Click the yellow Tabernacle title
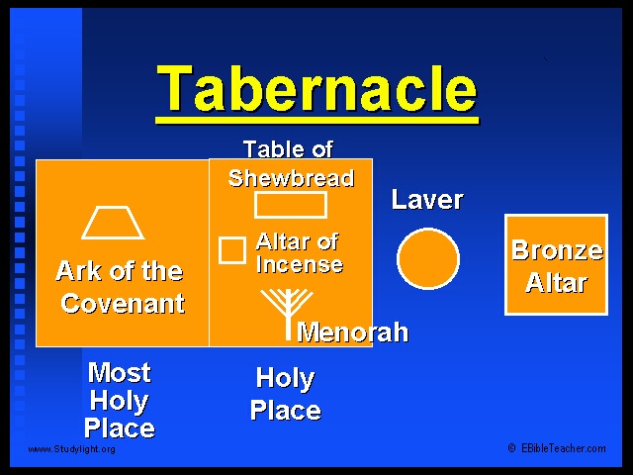click(316, 88)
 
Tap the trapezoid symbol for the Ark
click(113, 237)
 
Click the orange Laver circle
click(428, 259)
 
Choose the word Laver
click(427, 200)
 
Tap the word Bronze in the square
click(557, 250)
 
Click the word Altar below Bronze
click(556, 282)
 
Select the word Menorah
click(353, 332)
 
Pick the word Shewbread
click(291, 178)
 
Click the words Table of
click(288, 149)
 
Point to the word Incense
click(300, 264)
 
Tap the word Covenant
click(123, 303)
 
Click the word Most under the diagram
click(120, 372)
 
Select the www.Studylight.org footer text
click(71, 449)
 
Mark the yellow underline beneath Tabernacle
click(317, 120)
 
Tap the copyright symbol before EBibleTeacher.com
click(512, 448)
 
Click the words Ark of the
click(120, 270)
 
